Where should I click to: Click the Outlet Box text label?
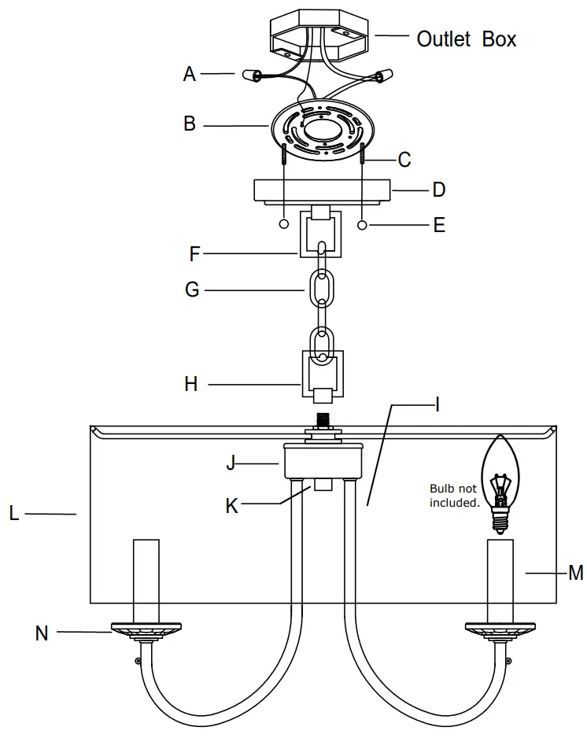pos(467,38)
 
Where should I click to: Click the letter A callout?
pos(190,74)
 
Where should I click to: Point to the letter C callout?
pos(404,160)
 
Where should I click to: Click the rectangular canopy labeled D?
pos(322,191)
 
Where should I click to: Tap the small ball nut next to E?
pos(362,226)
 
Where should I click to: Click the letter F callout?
pos(196,254)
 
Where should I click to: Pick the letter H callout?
pos(191,384)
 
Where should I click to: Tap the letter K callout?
pos(231,506)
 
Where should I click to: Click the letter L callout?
pos(13,514)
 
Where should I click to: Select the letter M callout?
pos(575,573)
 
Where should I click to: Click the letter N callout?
pos(42,633)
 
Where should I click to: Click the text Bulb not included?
pos(454,496)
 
